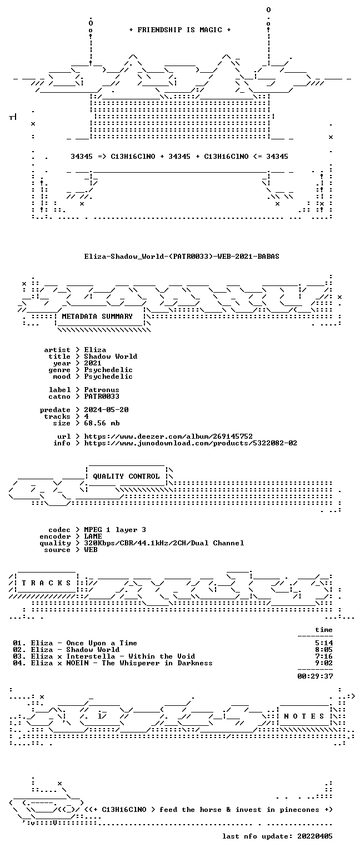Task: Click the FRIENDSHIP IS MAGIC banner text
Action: pyautogui.click(x=180, y=29)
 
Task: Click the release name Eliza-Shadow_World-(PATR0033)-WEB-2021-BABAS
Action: pyautogui.click(x=182, y=256)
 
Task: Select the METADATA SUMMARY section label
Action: pyautogui.click(x=97, y=316)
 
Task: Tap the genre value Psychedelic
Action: pyautogui.click(x=108, y=370)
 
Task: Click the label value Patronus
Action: pyautogui.click(x=102, y=389)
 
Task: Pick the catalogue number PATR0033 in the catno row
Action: pyautogui.click(x=102, y=397)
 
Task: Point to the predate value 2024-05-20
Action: pyautogui.click(x=106, y=410)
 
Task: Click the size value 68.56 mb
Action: pyautogui.click(x=102, y=423)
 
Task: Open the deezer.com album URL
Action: pyautogui.click(x=168, y=436)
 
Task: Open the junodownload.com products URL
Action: pyautogui.click(x=191, y=443)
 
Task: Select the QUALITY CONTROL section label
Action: pyautogui.click(x=126, y=476)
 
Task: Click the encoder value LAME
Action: pyautogui.click(x=93, y=536)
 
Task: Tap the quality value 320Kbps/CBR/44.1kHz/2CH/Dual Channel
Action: pyautogui.click(x=164, y=543)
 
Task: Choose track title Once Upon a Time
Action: pyautogui.click(x=102, y=643)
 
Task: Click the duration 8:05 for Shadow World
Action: pyautogui.click(x=324, y=650)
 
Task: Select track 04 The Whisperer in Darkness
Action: pyautogui.click(x=113, y=663)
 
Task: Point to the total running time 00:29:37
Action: pyautogui.click(x=315, y=676)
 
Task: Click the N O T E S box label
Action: pyautogui.click(x=304, y=716)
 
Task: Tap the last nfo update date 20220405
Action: pyautogui.click(x=315, y=836)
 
